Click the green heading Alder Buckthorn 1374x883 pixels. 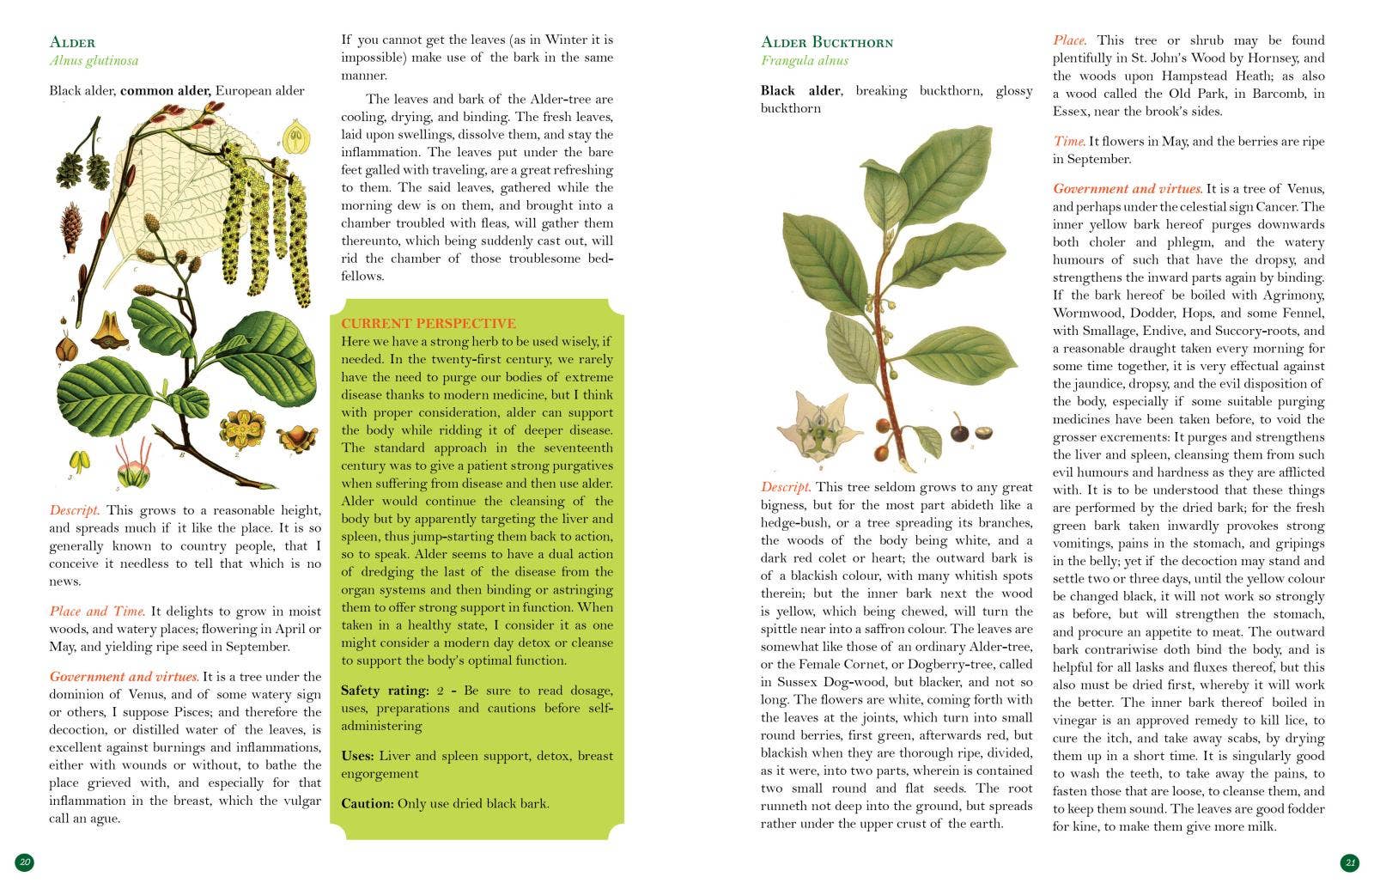(x=826, y=42)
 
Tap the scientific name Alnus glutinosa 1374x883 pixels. (x=94, y=60)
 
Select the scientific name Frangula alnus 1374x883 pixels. (x=804, y=60)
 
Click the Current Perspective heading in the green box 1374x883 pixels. (x=428, y=323)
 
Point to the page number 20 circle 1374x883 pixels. (x=25, y=862)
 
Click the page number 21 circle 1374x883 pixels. (x=1349, y=862)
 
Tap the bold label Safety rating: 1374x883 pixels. (x=384, y=691)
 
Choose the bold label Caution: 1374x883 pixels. (x=367, y=804)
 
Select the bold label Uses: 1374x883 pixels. (x=357, y=756)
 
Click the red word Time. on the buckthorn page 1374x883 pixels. (x=1069, y=141)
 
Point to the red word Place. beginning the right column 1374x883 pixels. (x=1069, y=40)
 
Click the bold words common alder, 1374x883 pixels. (x=166, y=90)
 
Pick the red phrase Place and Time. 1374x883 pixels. (x=97, y=612)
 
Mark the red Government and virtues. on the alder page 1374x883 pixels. (x=124, y=677)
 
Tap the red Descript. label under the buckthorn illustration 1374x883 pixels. (x=785, y=487)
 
